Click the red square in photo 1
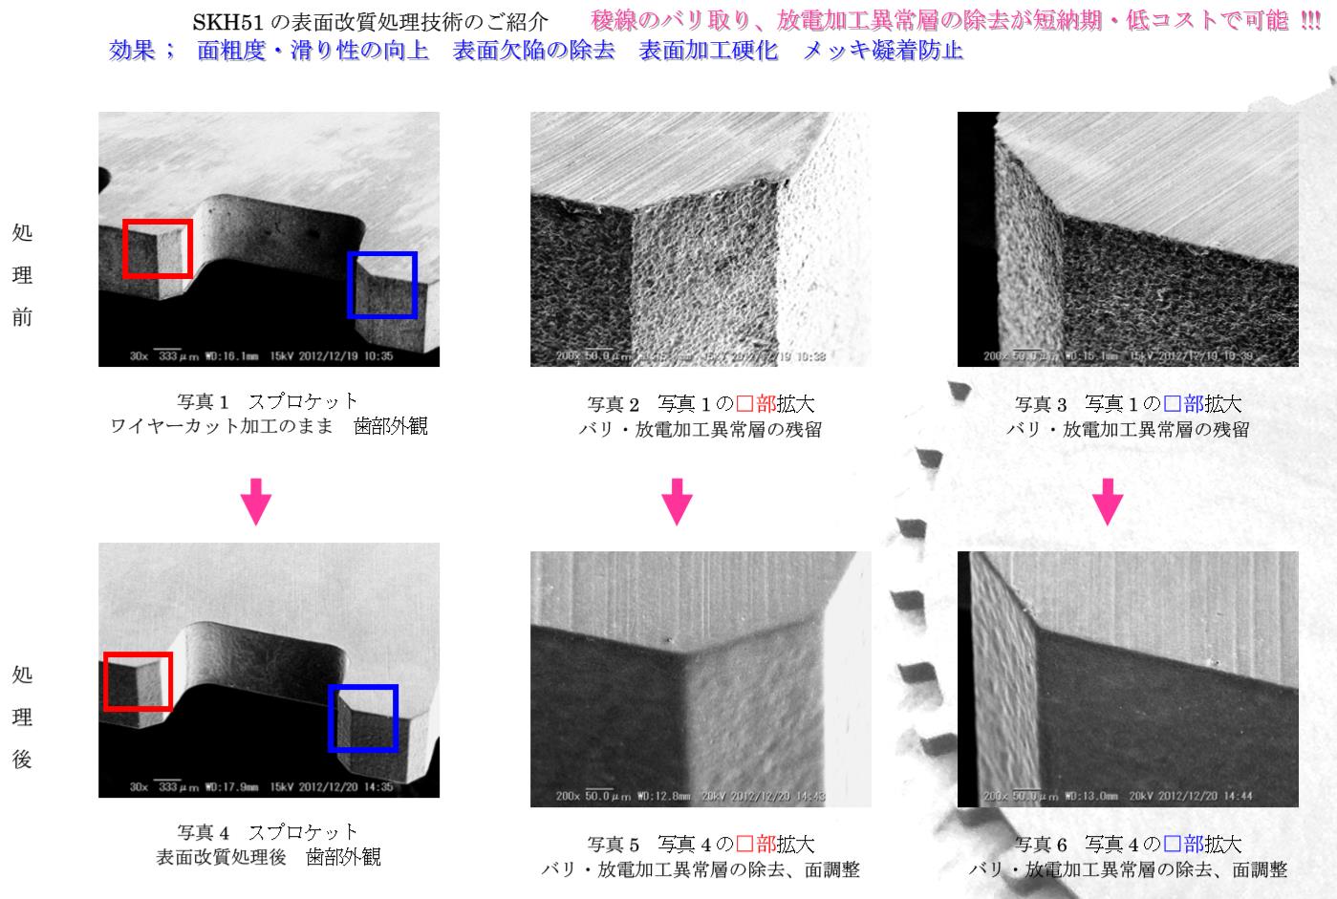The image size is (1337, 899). (x=158, y=247)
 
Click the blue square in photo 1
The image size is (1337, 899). (x=382, y=285)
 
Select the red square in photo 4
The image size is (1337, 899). (x=138, y=681)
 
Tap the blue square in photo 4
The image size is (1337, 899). (x=363, y=717)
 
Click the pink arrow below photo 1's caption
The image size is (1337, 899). (x=255, y=503)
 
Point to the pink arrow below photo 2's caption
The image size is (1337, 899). (x=677, y=503)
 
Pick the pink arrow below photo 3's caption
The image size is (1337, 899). (x=1108, y=503)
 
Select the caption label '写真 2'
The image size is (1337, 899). (x=613, y=404)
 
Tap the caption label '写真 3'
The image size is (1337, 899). (x=1040, y=404)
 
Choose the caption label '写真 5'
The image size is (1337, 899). (x=613, y=845)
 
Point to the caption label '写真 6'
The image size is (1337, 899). (x=1040, y=845)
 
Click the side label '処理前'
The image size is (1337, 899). (x=22, y=275)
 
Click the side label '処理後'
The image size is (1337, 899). (x=22, y=717)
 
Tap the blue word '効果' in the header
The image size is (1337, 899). (x=132, y=51)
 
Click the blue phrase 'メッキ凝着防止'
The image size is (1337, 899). (x=882, y=51)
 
